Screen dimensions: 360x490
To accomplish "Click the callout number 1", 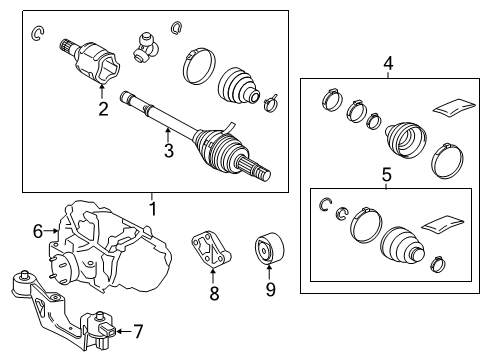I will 153,209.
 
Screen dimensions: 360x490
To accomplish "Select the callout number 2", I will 102,110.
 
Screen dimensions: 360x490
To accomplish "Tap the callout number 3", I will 169,151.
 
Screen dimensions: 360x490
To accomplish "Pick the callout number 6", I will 38,231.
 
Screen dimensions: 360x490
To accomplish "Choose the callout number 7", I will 138,329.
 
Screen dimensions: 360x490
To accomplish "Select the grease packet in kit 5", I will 445,224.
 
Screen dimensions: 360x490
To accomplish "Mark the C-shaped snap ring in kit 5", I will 324,206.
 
